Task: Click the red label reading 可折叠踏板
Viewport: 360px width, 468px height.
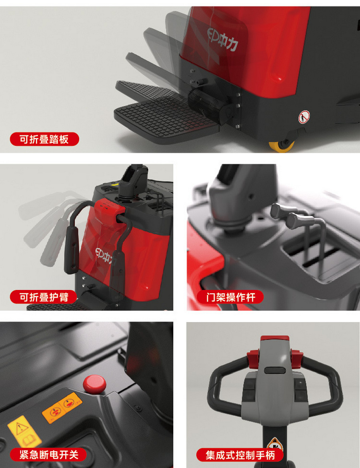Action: click(44, 139)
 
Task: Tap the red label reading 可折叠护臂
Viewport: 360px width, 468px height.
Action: click(44, 297)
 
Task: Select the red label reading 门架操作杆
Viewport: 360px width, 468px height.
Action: click(230, 297)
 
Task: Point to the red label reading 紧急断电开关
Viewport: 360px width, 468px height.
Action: click(48, 454)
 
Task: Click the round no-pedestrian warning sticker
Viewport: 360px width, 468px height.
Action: click(304, 117)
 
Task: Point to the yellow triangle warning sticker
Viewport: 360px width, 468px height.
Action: click(24, 432)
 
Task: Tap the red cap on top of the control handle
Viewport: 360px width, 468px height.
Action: click(274, 338)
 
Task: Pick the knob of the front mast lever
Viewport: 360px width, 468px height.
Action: click(299, 220)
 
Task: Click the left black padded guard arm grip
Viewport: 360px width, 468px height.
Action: click(71, 255)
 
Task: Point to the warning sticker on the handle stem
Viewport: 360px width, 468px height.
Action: click(275, 445)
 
